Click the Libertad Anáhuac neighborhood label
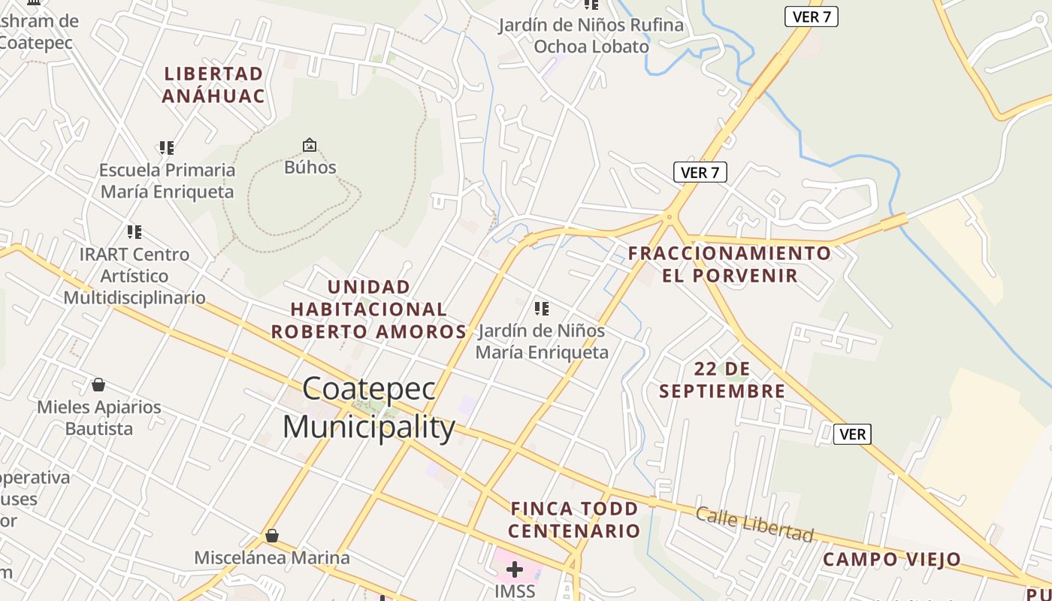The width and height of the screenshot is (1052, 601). pyautogui.click(x=213, y=85)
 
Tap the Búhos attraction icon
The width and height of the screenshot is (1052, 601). pyautogui.click(x=310, y=145)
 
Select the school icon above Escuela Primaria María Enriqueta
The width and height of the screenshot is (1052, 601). pyautogui.click(x=167, y=148)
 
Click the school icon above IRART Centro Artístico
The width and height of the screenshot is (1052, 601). pyautogui.click(x=135, y=232)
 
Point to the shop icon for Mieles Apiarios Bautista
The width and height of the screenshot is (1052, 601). pyautogui.click(x=98, y=385)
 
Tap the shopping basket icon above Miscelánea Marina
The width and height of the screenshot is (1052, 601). pyautogui.click(x=272, y=536)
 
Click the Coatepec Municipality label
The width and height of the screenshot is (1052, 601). pyautogui.click(x=369, y=408)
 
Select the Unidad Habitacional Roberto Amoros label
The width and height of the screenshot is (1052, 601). pyautogui.click(x=369, y=309)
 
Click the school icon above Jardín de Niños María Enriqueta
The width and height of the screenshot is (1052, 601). pyautogui.click(x=541, y=308)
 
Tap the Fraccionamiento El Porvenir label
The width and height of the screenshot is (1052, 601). pyautogui.click(x=730, y=264)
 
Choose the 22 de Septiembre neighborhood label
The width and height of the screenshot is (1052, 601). pyautogui.click(x=722, y=379)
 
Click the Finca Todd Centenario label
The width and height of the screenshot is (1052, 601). pyautogui.click(x=575, y=519)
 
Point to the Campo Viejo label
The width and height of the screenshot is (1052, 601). pyautogui.click(x=891, y=559)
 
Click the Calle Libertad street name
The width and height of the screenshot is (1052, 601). pyautogui.click(x=754, y=524)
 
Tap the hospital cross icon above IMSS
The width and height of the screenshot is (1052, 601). pyautogui.click(x=515, y=569)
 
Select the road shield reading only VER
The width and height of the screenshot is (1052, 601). pyautogui.click(x=852, y=434)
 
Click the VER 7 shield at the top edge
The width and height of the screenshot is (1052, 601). pyautogui.click(x=811, y=17)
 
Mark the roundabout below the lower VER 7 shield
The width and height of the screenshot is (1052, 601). pyautogui.click(x=670, y=218)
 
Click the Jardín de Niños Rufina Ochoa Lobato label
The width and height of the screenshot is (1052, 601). pyautogui.click(x=591, y=35)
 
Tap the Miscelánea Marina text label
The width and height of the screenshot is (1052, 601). pyautogui.click(x=272, y=557)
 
